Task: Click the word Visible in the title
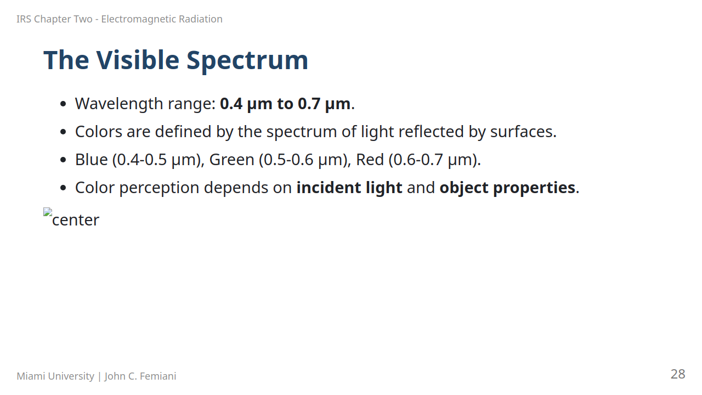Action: pyautogui.click(x=138, y=60)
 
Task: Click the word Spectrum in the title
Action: pyautogui.click(x=247, y=61)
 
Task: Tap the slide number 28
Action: pyautogui.click(x=678, y=374)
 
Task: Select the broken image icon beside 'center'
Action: pyautogui.click(x=48, y=212)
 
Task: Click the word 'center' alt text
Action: pyautogui.click(x=76, y=220)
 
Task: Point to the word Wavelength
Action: pyautogui.click(x=119, y=104)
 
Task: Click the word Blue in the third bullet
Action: pyautogui.click(x=92, y=160)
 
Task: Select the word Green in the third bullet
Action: pyautogui.click(x=231, y=160)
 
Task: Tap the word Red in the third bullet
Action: pyautogui.click(x=370, y=160)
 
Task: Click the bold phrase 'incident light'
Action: pyautogui.click(x=349, y=188)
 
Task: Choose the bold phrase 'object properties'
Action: pyautogui.click(x=507, y=188)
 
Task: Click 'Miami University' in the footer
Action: pyautogui.click(x=55, y=376)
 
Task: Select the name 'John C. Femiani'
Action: pyautogui.click(x=140, y=376)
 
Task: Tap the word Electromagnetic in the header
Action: pyautogui.click(x=138, y=19)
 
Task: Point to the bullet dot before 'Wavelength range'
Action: pyautogui.click(x=63, y=104)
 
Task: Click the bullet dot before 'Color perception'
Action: pyautogui.click(x=63, y=188)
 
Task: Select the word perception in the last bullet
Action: pyautogui.click(x=159, y=188)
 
